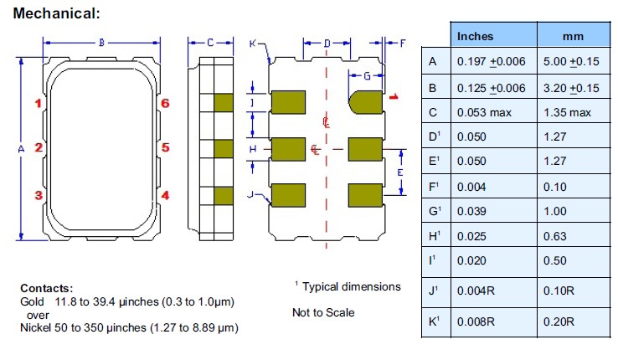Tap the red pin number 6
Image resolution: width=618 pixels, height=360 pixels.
point(166,103)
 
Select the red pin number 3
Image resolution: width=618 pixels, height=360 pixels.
point(39,195)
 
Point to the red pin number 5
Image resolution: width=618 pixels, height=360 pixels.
point(166,148)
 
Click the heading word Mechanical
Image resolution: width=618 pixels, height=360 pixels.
point(54,13)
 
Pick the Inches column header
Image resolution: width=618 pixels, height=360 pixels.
point(475,36)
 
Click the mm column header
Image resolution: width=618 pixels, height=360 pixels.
point(574,36)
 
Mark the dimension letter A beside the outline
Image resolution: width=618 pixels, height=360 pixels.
point(21,148)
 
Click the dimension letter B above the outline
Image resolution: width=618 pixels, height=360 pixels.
point(101,42)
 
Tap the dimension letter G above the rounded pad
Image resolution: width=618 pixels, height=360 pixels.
point(367,76)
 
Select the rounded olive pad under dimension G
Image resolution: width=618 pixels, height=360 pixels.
point(365,101)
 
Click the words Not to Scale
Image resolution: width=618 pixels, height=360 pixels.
point(323,312)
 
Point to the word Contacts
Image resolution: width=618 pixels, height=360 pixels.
point(47,287)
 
